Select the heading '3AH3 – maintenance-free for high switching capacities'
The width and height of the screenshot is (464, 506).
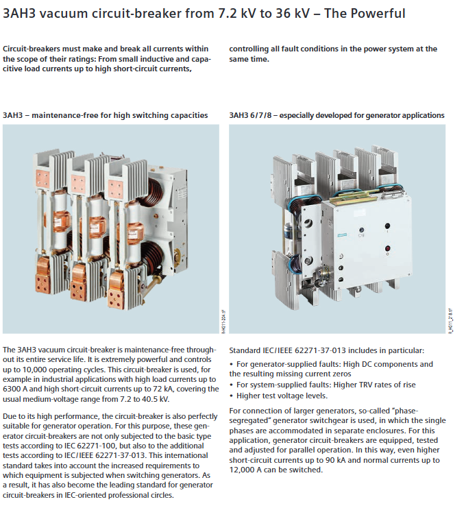[x=106, y=115]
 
